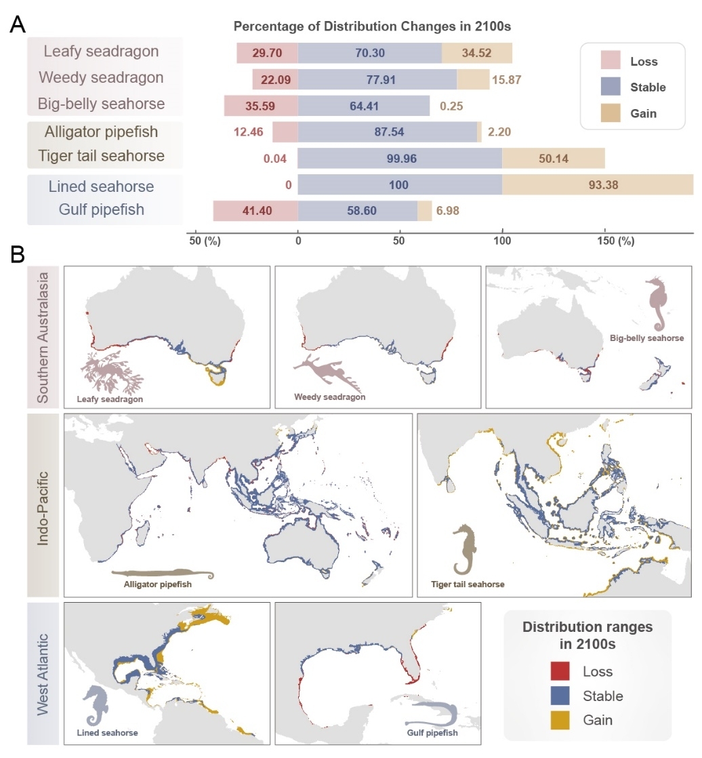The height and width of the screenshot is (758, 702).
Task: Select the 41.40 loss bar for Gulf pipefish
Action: click(x=256, y=211)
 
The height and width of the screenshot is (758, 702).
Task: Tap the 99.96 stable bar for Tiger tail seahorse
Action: click(x=400, y=158)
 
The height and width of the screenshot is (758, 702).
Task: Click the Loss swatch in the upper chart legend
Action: click(x=610, y=62)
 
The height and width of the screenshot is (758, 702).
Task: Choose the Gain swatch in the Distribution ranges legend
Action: click(x=560, y=721)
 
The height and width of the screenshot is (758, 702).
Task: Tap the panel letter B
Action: click(x=18, y=255)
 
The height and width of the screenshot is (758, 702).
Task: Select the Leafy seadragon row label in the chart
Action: click(x=101, y=52)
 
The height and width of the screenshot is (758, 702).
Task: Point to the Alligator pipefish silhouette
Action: click(x=163, y=574)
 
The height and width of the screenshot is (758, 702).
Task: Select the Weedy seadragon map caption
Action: click(x=329, y=397)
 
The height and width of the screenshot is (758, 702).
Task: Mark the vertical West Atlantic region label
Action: click(x=45, y=673)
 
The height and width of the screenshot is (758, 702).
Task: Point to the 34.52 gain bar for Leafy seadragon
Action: click(x=476, y=52)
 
